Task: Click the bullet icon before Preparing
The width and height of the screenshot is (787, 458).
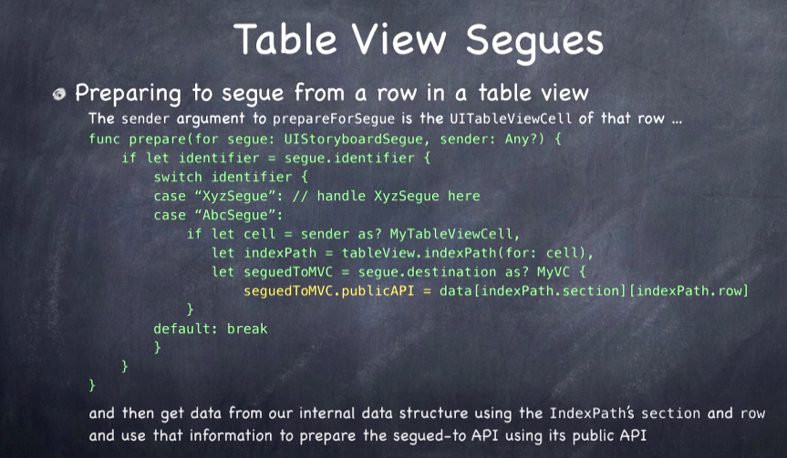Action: coord(59,94)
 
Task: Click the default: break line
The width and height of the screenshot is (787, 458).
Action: coord(211,329)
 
